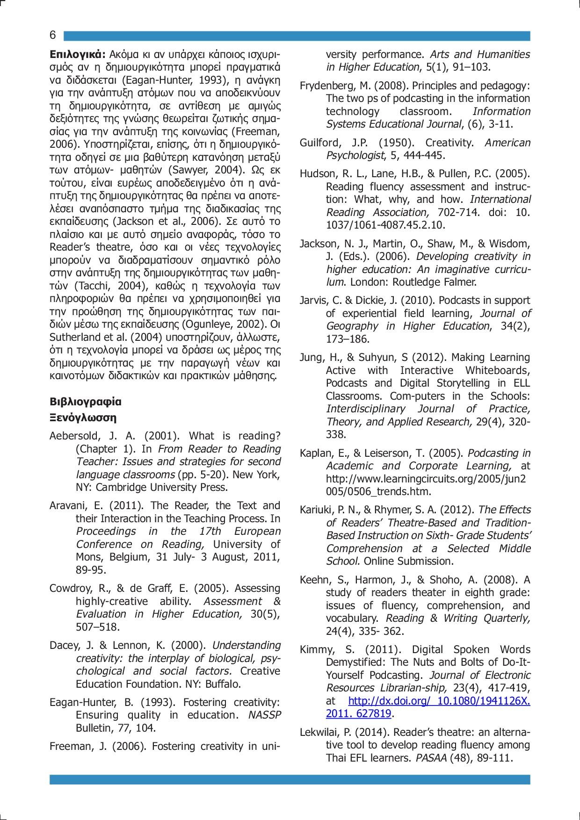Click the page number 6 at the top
pyautogui.click(x=53, y=36)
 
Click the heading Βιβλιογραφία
pyautogui.click(x=85, y=401)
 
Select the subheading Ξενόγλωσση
pyautogui.click(x=83, y=417)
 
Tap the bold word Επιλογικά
pyautogui.click(x=78, y=54)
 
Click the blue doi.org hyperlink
pyautogui.click(x=439, y=701)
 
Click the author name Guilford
pyautogui.click(x=318, y=143)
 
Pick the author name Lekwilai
pyautogui.click(x=319, y=732)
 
